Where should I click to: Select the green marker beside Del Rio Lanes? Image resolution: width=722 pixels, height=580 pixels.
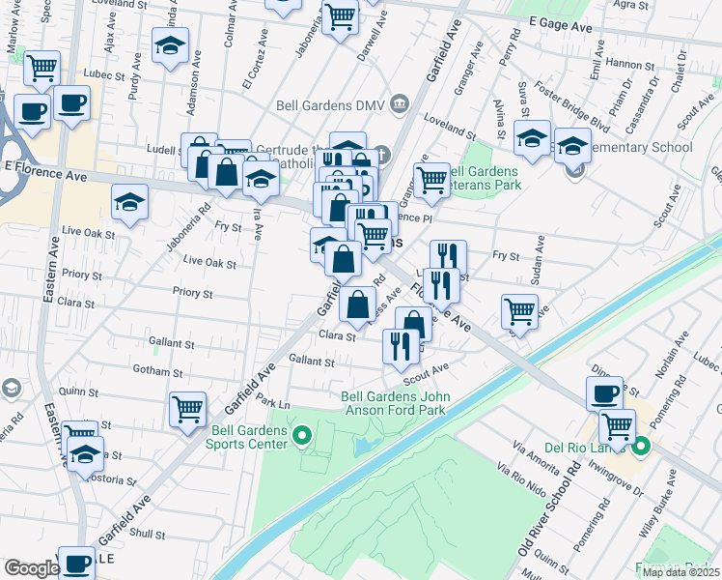pyautogui.click(x=641, y=448)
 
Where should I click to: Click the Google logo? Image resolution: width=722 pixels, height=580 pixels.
pyautogui.click(x=31, y=568)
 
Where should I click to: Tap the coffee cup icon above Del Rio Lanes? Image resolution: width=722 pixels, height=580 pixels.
pyautogui.click(x=604, y=393)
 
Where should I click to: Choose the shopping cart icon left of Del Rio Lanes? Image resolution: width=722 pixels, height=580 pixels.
pyautogui.click(x=616, y=425)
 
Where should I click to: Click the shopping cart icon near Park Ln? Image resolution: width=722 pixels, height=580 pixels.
pyautogui.click(x=187, y=408)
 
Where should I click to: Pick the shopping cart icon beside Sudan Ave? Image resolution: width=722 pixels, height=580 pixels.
pyautogui.click(x=519, y=311)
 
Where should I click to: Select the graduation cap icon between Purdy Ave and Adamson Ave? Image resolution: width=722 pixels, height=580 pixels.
pyautogui.click(x=170, y=45)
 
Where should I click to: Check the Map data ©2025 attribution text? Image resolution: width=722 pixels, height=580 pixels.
pyautogui.click(x=680, y=572)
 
